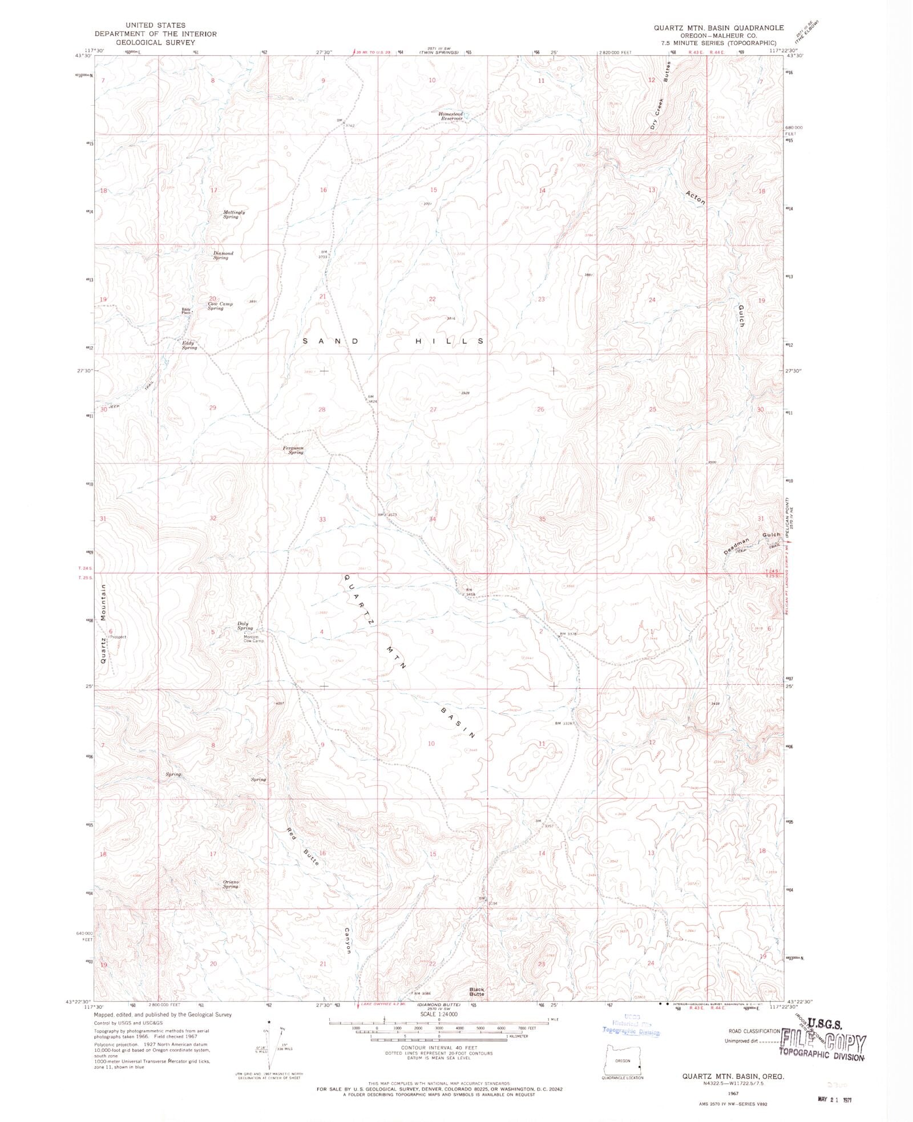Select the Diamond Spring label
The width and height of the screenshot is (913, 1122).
point(223,255)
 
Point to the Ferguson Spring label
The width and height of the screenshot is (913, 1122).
point(293,450)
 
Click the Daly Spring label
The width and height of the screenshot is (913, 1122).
point(245,625)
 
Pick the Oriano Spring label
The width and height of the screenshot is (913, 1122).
point(231,884)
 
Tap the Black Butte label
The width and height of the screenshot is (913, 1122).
point(476,992)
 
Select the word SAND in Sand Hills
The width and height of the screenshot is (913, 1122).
point(330,341)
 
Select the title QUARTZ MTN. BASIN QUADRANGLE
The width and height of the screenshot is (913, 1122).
point(718,27)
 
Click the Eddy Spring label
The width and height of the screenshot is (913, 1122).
point(189,345)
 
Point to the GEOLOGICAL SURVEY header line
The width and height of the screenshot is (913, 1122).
point(156,42)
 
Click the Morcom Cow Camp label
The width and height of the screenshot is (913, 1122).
point(251,639)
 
